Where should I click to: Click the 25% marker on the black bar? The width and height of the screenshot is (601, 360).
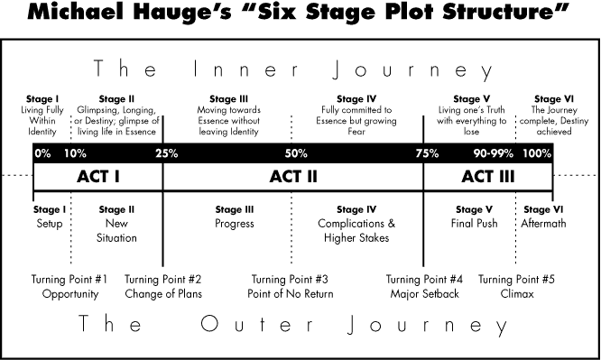click(166, 153)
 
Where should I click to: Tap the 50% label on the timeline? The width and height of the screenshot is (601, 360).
click(295, 153)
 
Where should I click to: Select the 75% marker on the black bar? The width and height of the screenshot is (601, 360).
click(427, 153)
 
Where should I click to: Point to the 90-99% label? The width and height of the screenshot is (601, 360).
click(493, 153)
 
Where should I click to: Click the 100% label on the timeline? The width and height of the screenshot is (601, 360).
click(537, 153)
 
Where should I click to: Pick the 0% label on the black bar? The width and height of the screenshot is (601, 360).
click(42, 153)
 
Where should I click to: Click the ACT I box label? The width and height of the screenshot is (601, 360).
click(97, 177)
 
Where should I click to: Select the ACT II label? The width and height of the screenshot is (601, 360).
click(293, 177)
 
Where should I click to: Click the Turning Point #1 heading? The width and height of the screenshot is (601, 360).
click(69, 279)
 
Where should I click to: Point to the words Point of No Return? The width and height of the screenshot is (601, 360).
click(290, 294)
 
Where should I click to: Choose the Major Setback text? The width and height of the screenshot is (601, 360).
click(424, 294)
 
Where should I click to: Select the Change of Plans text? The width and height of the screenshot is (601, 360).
click(163, 294)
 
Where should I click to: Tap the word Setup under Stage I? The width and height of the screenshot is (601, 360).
click(50, 224)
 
